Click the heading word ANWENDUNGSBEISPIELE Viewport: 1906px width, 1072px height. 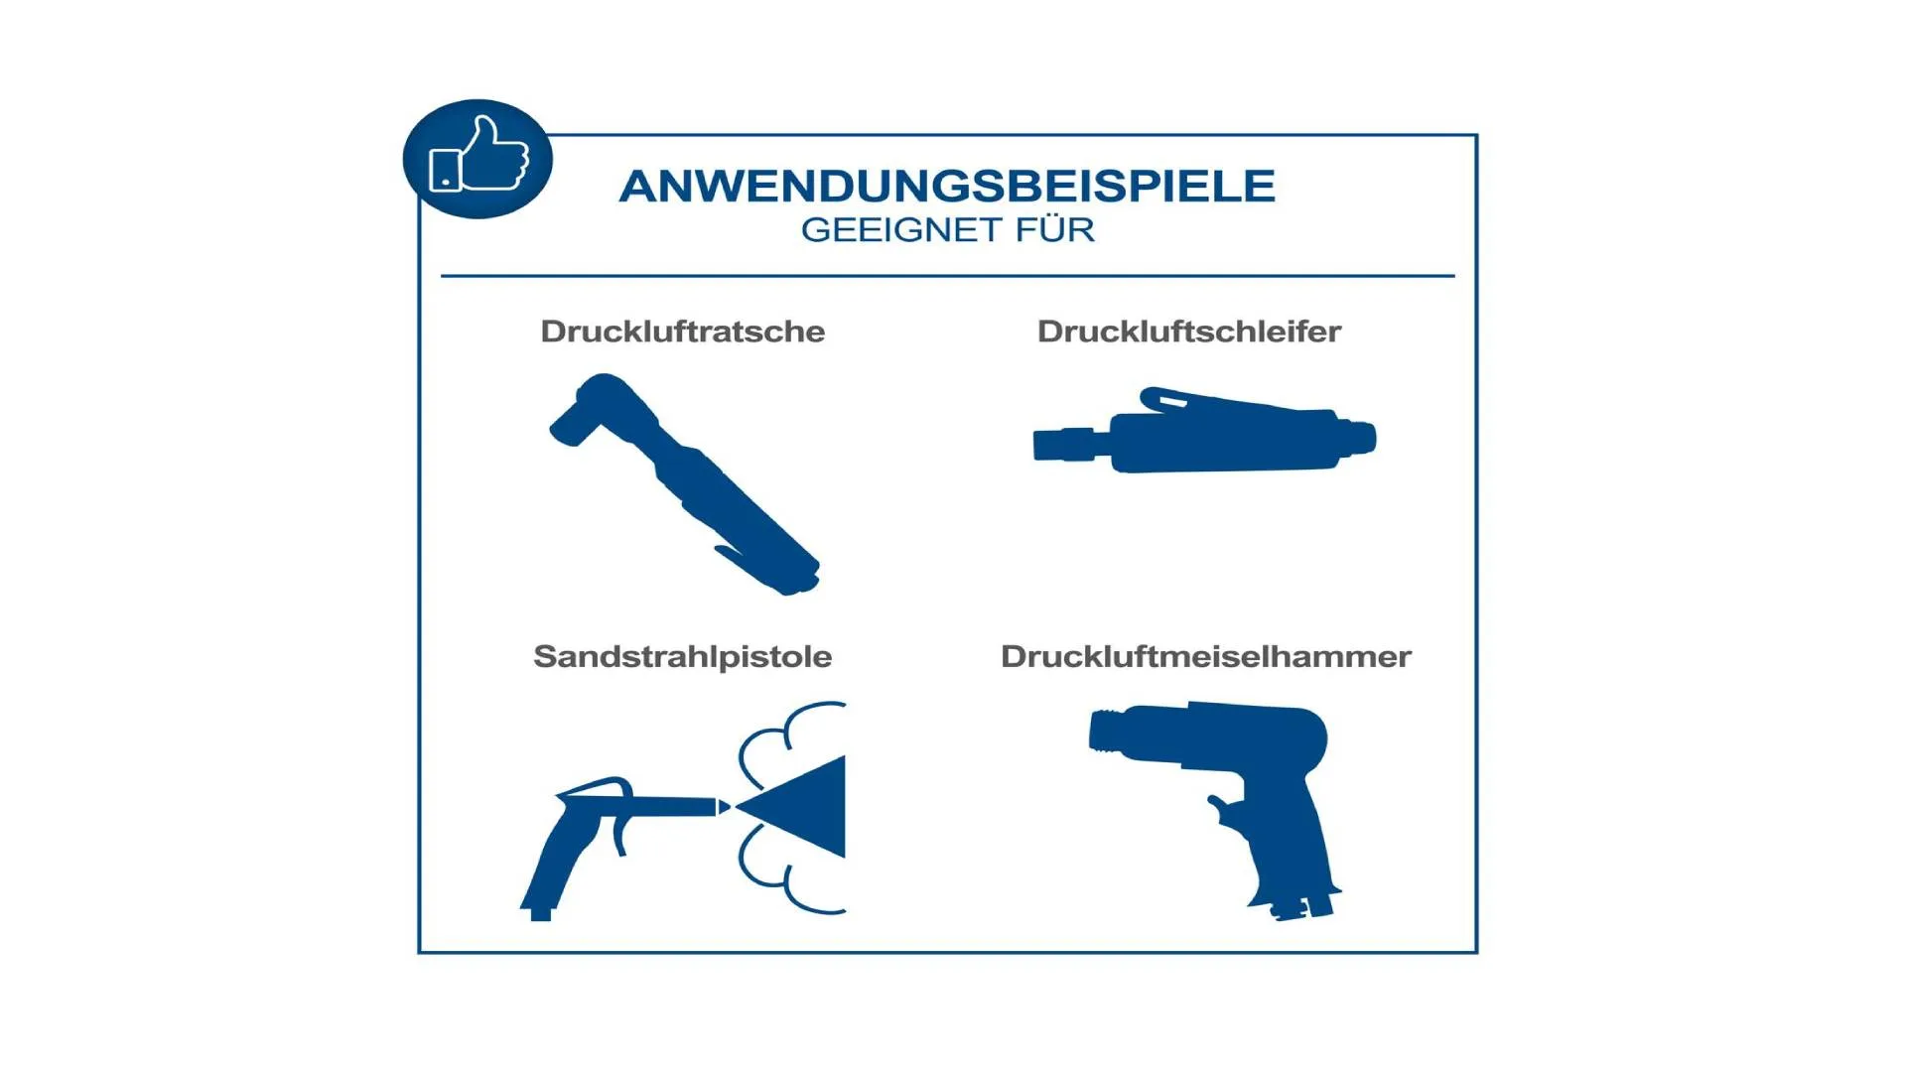coord(947,186)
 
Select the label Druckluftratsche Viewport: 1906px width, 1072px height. coord(682,331)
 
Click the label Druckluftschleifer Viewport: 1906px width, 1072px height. coord(1188,331)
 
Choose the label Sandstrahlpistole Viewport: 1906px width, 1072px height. coord(682,656)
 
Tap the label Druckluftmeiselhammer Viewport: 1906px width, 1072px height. coord(1206,656)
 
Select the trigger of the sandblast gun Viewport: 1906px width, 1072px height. coord(619,829)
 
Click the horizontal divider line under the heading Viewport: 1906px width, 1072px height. coord(947,275)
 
